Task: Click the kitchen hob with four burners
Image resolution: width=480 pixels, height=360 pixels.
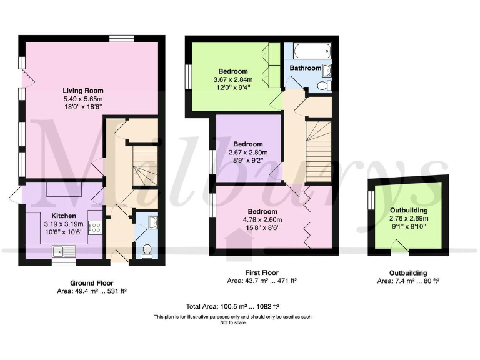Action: (x=96, y=227)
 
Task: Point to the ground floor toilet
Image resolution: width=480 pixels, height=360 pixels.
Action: (x=148, y=251)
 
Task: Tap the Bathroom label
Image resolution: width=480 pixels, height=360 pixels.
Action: (x=305, y=68)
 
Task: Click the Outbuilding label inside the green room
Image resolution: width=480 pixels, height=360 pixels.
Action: (x=409, y=210)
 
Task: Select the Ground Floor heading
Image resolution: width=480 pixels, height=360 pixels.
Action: (x=91, y=283)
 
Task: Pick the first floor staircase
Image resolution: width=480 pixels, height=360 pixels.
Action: (x=319, y=142)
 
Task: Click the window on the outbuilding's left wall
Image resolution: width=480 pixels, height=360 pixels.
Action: (x=371, y=201)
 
